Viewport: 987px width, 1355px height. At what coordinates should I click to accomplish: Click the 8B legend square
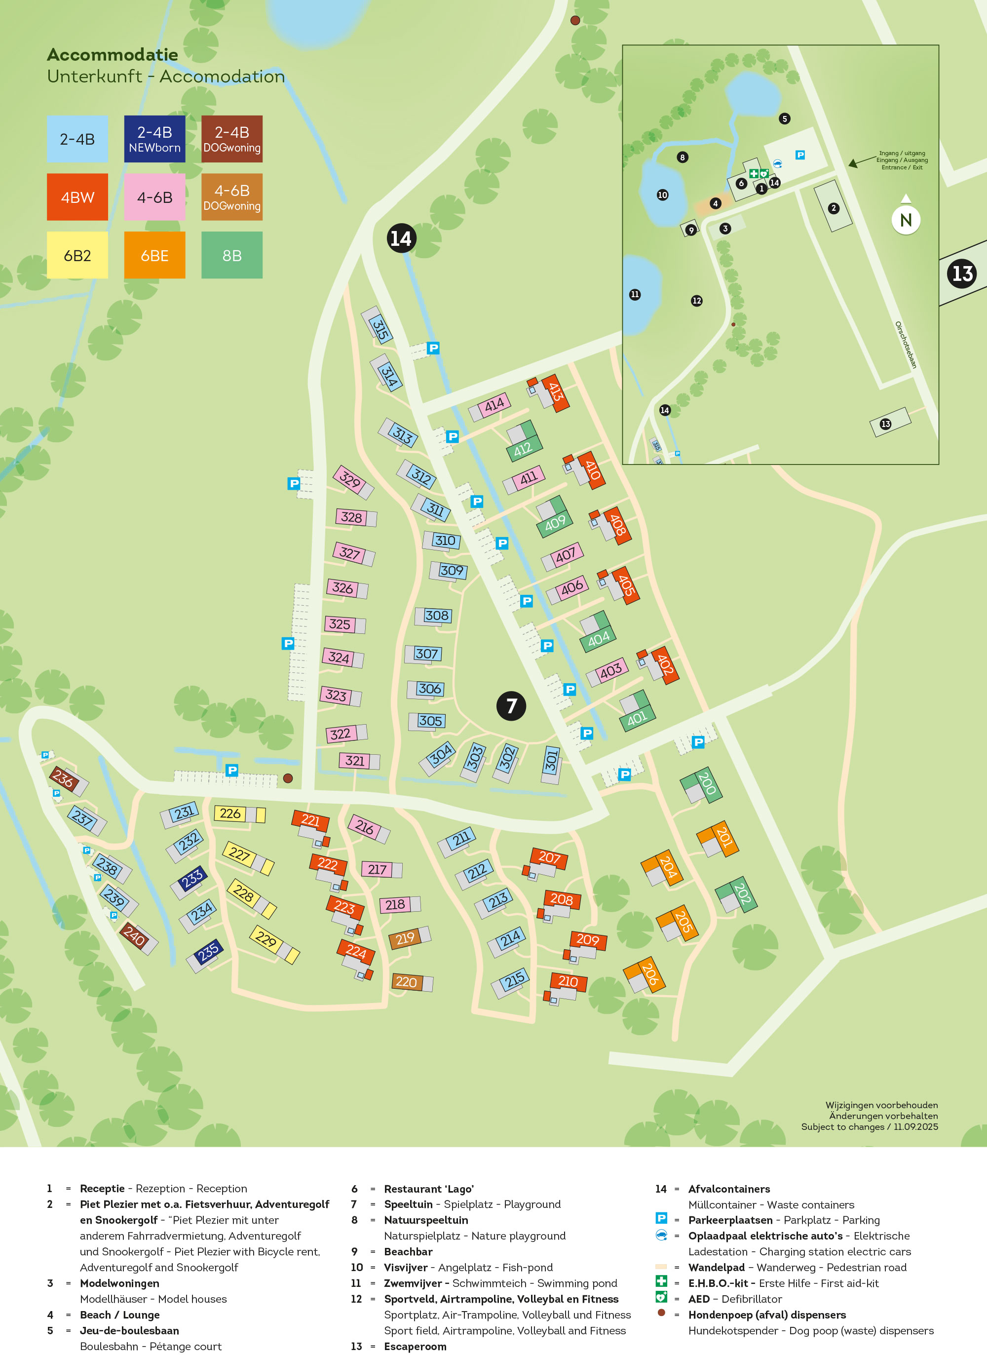(232, 255)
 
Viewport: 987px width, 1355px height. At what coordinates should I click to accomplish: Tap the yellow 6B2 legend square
(77, 255)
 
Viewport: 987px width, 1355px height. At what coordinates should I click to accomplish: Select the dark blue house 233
(192, 878)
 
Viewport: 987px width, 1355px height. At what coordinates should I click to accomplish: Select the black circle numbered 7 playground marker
(511, 705)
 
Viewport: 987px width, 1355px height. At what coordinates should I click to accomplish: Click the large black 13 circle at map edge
(962, 273)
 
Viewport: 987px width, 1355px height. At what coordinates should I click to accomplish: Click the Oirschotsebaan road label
(905, 345)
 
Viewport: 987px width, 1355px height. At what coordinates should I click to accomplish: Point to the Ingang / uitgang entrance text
(902, 160)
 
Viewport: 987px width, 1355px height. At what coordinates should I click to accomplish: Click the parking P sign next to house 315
(433, 348)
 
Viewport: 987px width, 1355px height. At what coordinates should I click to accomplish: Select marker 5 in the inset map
(785, 118)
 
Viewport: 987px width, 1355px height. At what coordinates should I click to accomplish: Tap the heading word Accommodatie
(113, 54)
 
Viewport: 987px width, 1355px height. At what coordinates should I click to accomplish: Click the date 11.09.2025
(915, 1126)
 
